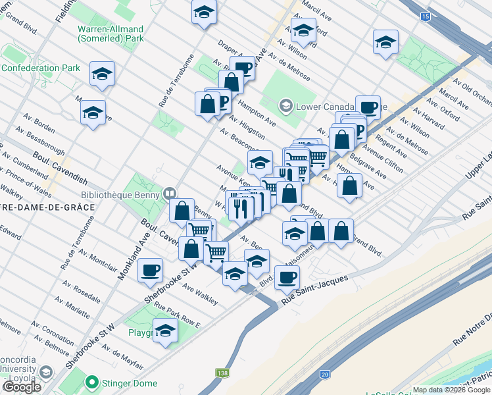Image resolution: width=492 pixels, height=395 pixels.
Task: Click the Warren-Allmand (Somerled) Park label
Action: click(x=111, y=34)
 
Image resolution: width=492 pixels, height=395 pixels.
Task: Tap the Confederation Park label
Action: click(x=40, y=68)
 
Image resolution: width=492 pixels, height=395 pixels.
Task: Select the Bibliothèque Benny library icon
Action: click(x=170, y=193)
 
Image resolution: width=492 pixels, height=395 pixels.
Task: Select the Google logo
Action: click(x=22, y=387)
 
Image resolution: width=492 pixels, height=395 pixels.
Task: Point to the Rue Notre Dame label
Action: click(x=472, y=334)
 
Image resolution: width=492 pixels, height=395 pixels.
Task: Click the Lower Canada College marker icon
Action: click(x=285, y=105)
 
